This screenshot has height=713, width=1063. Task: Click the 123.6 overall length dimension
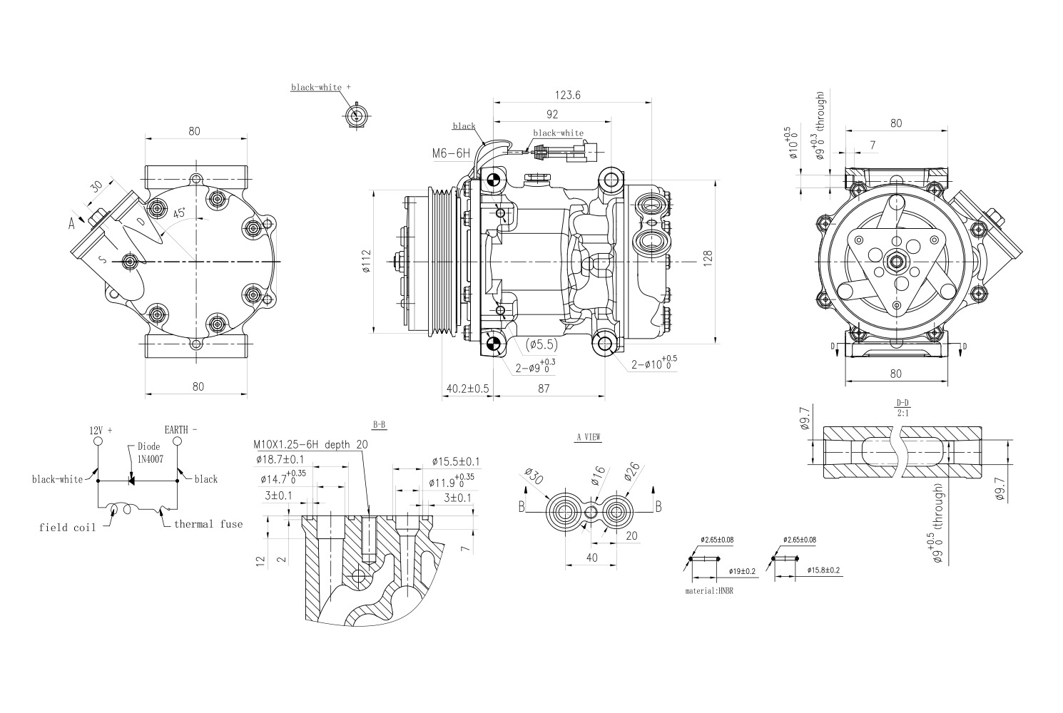(x=568, y=95)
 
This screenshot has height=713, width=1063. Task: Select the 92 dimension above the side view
(x=551, y=114)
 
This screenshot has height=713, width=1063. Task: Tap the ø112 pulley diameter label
(x=366, y=262)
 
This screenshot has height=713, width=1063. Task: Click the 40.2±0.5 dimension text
(x=467, y=389)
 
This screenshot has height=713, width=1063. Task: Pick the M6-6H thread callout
(x=451, y=153)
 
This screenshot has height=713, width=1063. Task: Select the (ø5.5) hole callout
(x=541, y=344)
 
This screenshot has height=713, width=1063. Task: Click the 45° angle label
(x=180, y=213)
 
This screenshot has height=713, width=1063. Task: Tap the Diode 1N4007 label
(x=150, y=453)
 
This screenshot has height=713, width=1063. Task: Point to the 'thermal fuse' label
(x=208, y=524)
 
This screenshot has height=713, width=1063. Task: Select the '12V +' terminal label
(x=101, y=431)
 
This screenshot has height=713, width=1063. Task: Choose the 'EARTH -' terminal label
(x=181, y=430)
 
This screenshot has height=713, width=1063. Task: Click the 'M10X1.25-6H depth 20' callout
(x=311, y=444)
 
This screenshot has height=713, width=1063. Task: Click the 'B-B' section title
(x=380, y=425)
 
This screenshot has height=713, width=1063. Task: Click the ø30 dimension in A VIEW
(x=534, y=477)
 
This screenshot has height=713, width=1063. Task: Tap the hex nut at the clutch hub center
(x=895, y=262)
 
